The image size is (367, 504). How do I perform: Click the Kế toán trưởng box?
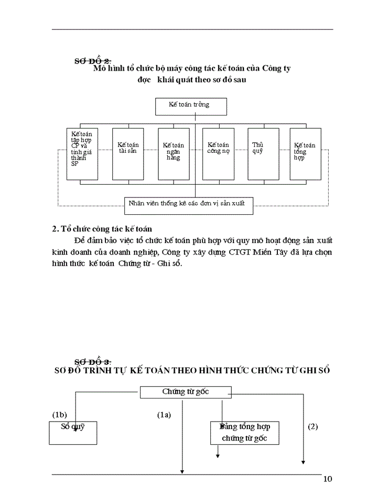[x=191, y=106]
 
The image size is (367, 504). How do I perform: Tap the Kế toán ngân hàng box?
[x=174, y=154]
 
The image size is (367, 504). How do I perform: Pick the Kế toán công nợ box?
[x=219, y=154]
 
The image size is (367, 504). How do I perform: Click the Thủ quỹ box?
[x=263, y=154]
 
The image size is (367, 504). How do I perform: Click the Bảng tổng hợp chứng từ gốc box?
[x=244, y=433]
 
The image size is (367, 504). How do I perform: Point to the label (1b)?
[x=59, y=415]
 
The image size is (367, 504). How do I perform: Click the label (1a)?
[x=165, y=415]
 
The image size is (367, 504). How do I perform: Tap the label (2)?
[x=313, y=426]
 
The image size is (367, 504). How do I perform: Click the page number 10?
[x=328, y=479]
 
